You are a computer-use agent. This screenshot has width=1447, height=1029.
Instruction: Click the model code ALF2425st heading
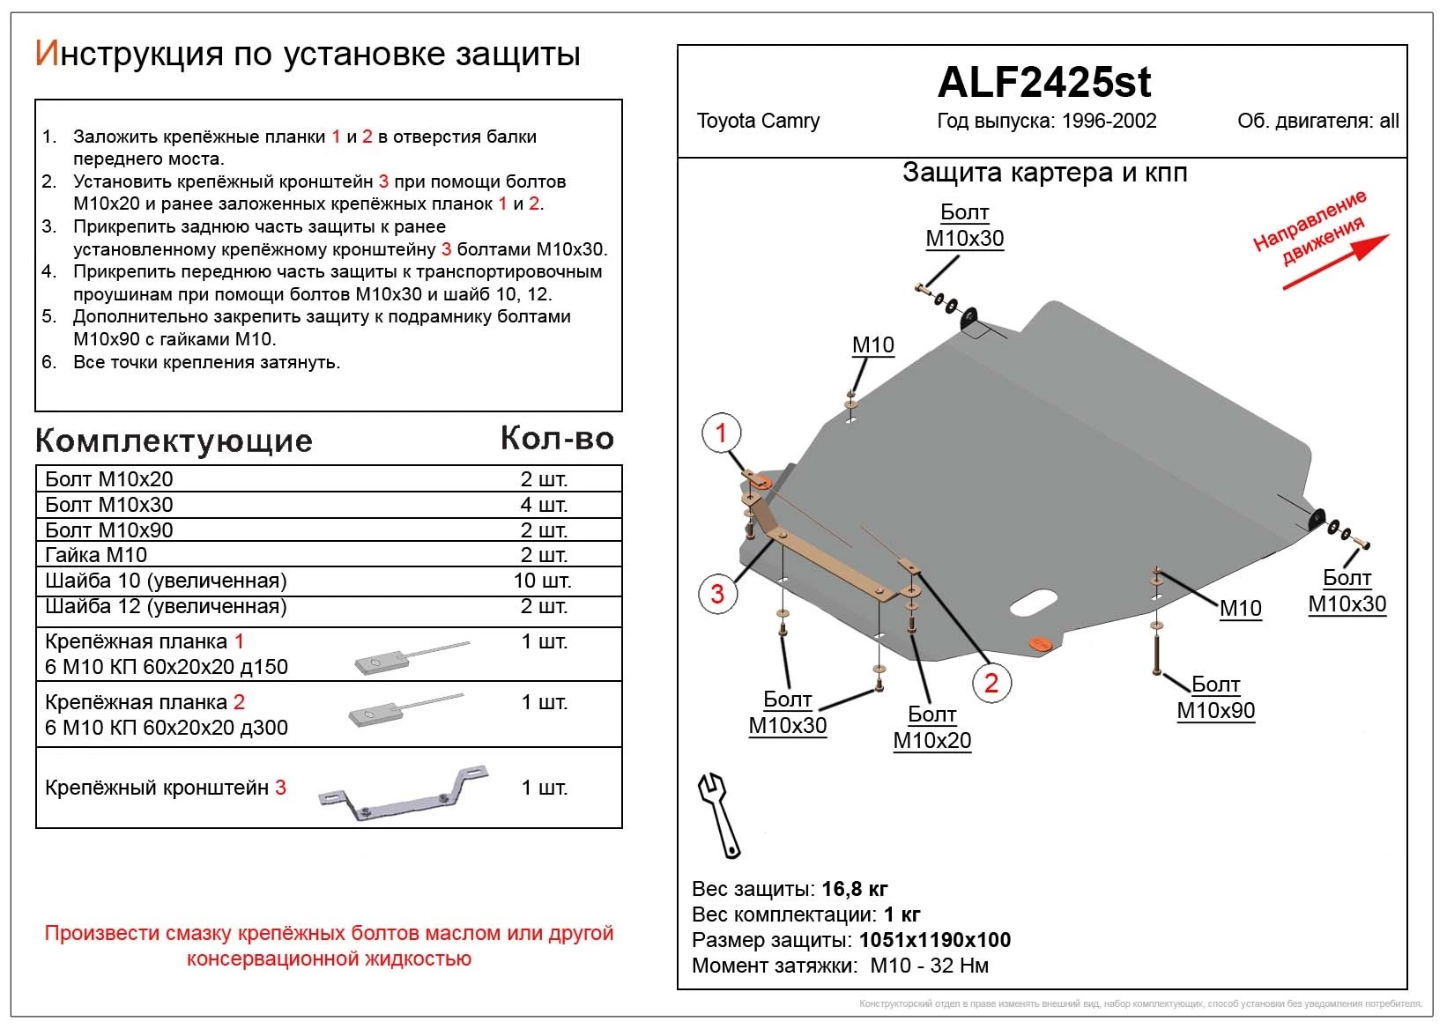point(1043,83)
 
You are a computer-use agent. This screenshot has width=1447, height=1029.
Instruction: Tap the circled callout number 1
point(721,433)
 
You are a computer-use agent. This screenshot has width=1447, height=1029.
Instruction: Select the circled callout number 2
point(991,683)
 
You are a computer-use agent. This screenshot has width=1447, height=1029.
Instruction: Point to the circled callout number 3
point(717,594)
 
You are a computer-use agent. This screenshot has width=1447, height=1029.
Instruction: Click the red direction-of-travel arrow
point(1336,262)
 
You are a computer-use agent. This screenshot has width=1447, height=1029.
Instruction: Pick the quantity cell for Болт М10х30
point(544,505)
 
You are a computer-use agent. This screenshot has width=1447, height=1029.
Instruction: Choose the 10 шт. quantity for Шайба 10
point(543,581)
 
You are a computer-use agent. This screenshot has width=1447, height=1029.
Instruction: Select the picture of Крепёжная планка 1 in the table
point(410,657)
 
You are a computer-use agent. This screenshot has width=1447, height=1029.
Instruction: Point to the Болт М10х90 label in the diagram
point(1215,698)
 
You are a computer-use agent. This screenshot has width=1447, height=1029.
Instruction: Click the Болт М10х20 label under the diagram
point(931,727)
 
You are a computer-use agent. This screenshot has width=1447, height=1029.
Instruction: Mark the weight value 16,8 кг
point(854,888)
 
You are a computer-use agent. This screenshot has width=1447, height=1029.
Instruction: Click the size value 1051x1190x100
point(934,940)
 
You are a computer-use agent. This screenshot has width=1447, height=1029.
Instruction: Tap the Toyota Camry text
point(758,121)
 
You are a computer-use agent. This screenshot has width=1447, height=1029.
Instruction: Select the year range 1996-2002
point(1109,121)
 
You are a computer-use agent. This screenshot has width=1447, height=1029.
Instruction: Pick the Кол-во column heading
point(557,439)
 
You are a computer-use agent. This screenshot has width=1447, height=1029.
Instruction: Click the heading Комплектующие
point(174,440)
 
